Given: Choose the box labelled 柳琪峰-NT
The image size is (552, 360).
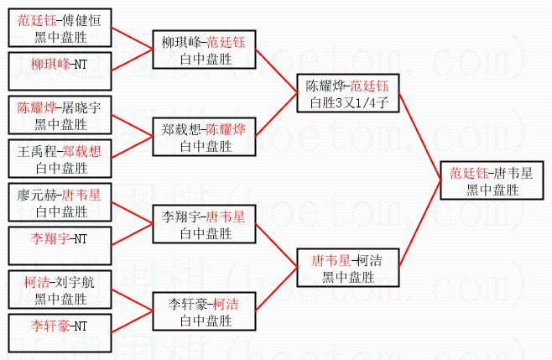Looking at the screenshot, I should [x=59, y=64].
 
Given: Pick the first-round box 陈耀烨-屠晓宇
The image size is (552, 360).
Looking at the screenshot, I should [x=59, y=116].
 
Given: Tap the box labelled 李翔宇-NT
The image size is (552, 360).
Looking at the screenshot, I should [x=59, y=239].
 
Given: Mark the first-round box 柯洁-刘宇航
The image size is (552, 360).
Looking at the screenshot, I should [x=59, y=290].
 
